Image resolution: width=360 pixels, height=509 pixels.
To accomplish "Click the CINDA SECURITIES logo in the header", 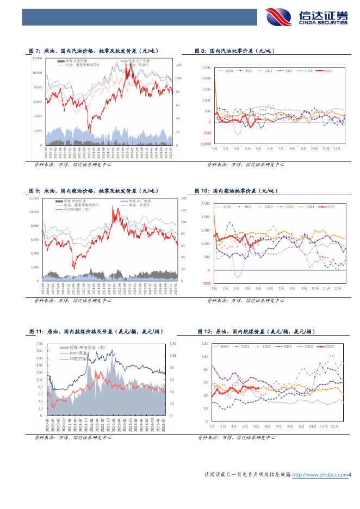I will [x=307, y=17].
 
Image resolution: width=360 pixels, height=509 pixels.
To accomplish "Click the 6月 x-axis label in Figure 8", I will [x=270, y=148].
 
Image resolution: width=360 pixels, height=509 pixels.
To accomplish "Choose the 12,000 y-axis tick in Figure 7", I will [x=38, y=58].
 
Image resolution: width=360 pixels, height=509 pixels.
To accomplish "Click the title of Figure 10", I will [x=236, y=191].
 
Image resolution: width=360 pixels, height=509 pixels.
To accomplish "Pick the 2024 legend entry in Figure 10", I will [x=308, y=207].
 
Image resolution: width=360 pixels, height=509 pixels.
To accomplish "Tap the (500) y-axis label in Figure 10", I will [x=206, y=283].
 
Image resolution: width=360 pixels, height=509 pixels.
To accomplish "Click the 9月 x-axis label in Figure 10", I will [x=303, y=288].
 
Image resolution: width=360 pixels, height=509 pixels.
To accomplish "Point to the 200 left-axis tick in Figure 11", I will [x=39, y=344].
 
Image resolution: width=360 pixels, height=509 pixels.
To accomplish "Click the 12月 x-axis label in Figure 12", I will [x=338, y=427].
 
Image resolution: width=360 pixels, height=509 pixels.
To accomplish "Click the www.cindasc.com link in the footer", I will [x=320, y=475].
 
